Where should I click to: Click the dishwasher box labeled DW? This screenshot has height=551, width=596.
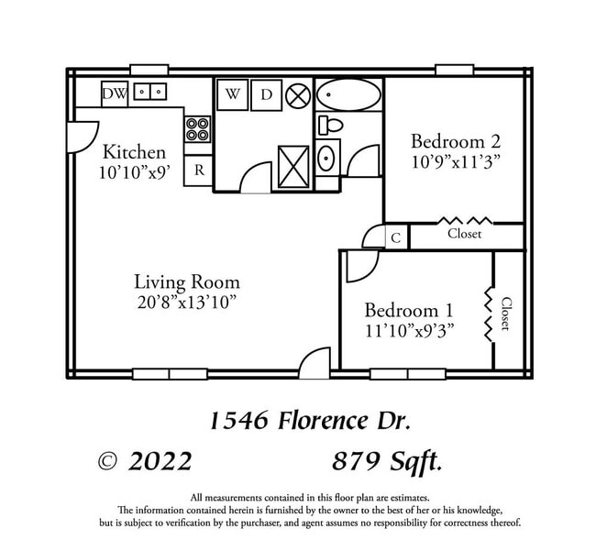click(x=115, y=93)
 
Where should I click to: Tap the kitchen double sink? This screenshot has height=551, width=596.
click(x=149, y=92)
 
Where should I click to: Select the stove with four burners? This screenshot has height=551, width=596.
click(x=197, y=128)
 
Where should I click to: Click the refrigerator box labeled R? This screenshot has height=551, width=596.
click(x=198, y=171)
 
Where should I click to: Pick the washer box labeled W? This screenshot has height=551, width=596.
click(x=233, y=94)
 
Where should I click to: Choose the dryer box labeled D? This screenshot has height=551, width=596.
click(x=266, y=94)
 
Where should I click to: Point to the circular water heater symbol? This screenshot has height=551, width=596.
click(x=298, y=94)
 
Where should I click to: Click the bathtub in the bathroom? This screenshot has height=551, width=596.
click(x=348, y=94)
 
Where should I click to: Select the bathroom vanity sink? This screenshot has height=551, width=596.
click(x=327, y=159)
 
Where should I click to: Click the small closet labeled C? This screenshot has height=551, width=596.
click(x=396, y=237)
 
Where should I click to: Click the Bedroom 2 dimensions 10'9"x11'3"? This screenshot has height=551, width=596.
click(x=455, y=161)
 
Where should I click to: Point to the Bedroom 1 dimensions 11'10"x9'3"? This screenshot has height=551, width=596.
click(x=409, y=329)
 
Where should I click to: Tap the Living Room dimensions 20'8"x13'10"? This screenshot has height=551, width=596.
click(x=186, y=302)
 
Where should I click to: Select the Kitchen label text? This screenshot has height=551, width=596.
click(x=134, y=151)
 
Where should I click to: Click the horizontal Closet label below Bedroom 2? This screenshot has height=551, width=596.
click(x=464, y=234)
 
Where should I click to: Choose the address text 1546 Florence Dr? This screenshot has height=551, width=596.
click(x=310, y=421)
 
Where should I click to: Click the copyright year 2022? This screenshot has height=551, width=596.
click(x=160, y=461)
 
